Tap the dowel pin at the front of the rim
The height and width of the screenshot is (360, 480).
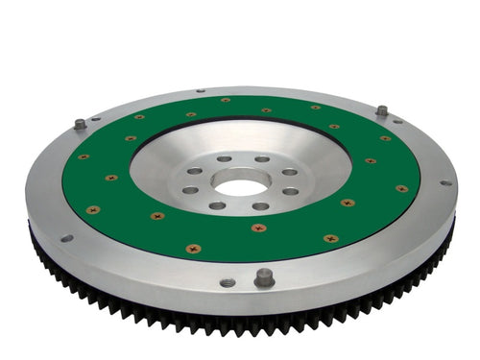(264, 277)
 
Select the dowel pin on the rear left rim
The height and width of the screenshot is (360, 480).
(79, 124)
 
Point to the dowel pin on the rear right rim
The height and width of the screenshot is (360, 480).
(382, 110)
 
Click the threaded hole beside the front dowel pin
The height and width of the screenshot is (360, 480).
(228, 282)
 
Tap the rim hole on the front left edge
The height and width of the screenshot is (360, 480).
(65, 238)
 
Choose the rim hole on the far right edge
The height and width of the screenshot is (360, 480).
(444, 182)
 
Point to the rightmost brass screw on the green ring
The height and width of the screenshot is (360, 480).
(402, 188)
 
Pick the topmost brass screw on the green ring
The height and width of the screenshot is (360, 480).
(226, 100)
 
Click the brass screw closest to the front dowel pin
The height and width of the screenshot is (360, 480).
(258, 228)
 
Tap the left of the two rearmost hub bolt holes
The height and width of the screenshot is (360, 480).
(224, 159)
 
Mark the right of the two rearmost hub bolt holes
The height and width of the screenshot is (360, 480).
(261, 159)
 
